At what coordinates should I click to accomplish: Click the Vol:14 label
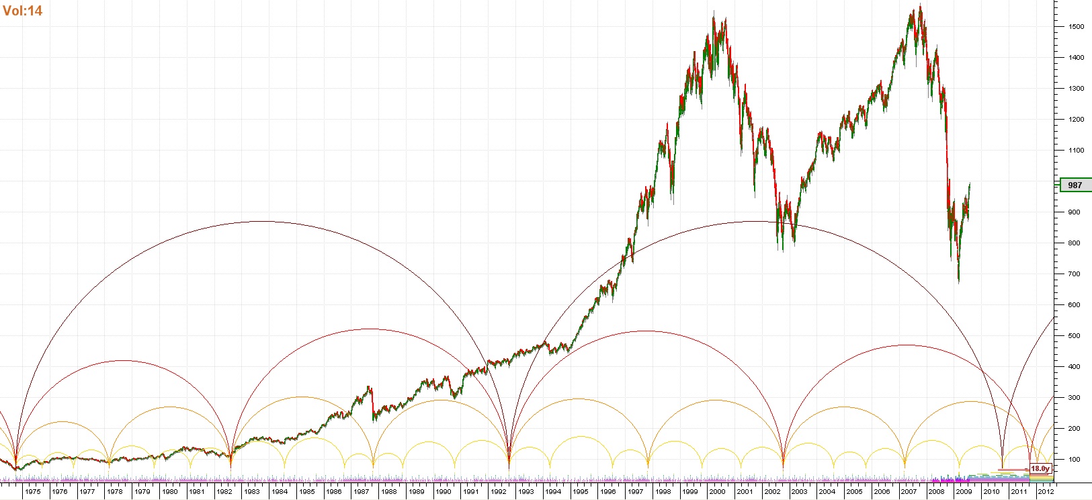(23, 11)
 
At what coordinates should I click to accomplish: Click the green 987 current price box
(1075, 185)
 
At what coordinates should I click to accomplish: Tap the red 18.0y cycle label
(1039, 468)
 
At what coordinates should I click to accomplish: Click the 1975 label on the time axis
(32, 492)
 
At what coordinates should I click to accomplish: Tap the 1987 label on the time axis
(361, 492)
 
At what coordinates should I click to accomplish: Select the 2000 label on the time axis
(717, 492)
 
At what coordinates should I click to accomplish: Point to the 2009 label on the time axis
(964, 492)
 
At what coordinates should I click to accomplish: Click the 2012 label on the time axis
(1046, 492)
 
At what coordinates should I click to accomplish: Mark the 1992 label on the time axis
(498, 492)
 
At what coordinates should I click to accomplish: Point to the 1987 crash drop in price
(372, 403)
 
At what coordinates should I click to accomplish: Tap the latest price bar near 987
(969, 185)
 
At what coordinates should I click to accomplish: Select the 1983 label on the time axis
(251, 492)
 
